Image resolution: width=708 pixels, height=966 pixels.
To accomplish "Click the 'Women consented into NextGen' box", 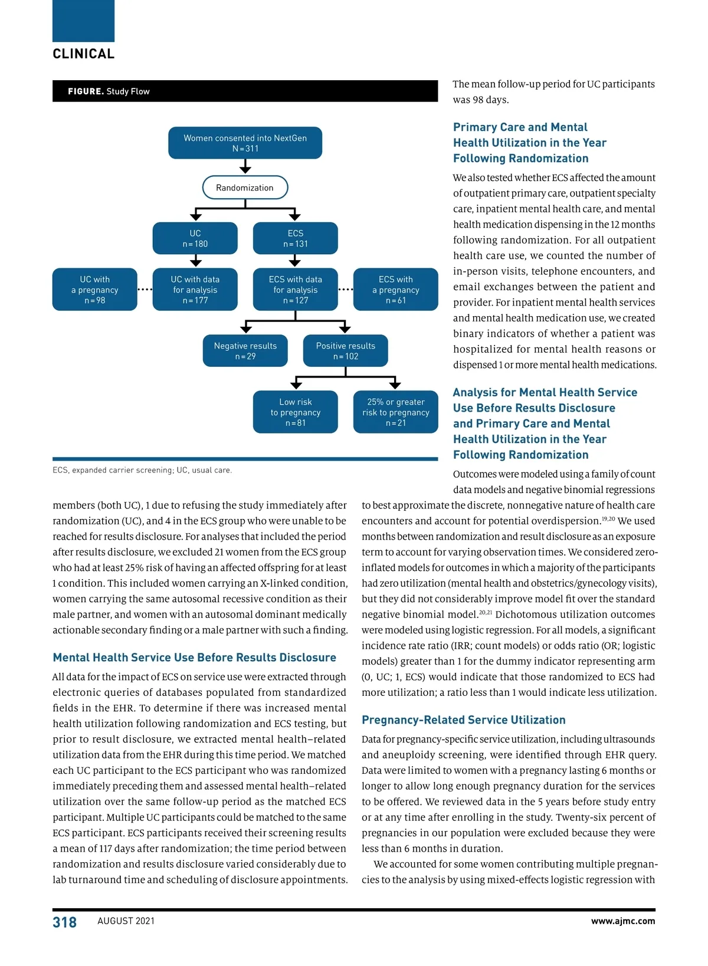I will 245,143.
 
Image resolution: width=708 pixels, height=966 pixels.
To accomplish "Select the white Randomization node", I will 245,188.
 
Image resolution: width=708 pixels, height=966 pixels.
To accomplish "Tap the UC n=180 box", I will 195,238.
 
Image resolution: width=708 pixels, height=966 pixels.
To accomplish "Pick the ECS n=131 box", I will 295,238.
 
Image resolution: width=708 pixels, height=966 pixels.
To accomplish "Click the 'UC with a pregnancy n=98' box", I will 94,290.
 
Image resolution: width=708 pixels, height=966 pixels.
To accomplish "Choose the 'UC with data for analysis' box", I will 195,290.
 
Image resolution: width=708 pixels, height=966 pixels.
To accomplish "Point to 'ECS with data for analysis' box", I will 295,290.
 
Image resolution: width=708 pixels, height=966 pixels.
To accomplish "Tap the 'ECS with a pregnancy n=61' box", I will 395,290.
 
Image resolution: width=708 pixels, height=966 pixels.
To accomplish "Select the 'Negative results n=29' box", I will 245,351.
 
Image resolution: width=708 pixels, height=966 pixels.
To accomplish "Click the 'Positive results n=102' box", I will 345,351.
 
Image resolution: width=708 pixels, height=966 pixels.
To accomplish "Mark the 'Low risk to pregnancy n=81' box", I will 295,412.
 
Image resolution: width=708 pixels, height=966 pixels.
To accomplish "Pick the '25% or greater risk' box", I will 395,412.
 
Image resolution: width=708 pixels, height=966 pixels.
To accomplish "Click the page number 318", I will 64,922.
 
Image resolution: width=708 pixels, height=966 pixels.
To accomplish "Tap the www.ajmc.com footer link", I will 622,921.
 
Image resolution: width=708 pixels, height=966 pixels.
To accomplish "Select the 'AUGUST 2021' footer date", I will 126,921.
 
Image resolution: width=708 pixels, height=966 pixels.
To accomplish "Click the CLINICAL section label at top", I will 83,54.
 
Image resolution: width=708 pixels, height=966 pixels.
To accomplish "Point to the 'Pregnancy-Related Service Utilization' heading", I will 463,720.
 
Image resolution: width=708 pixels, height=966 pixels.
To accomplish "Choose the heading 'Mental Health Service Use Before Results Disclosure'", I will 194,658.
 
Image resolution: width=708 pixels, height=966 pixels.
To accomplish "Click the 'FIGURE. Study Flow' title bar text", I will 109,91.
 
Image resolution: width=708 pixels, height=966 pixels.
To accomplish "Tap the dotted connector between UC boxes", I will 145,290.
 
